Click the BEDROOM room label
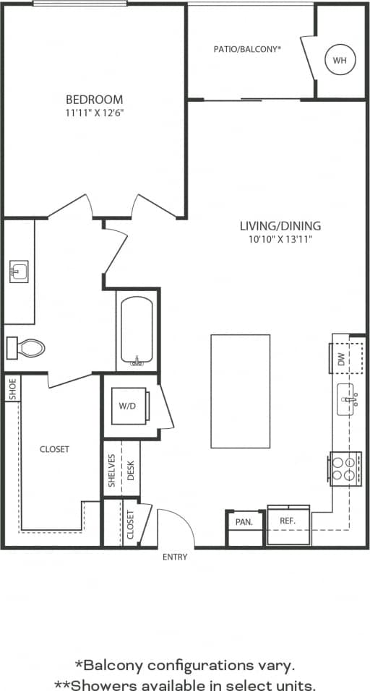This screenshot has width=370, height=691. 94,99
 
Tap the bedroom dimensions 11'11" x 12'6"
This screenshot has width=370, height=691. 94,113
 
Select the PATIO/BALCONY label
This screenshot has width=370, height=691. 247,49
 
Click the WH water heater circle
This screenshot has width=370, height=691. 340,61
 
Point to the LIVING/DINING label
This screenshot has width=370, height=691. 280,226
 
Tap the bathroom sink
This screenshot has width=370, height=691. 19,271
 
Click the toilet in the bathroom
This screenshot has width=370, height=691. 26,348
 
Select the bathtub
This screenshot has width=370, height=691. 137,331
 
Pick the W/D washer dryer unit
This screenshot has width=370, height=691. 128,406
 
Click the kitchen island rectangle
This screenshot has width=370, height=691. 240,391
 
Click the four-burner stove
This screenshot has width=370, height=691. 345,468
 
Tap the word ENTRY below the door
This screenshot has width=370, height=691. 175,557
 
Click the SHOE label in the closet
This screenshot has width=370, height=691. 12,388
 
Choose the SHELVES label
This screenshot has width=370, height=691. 112,470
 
